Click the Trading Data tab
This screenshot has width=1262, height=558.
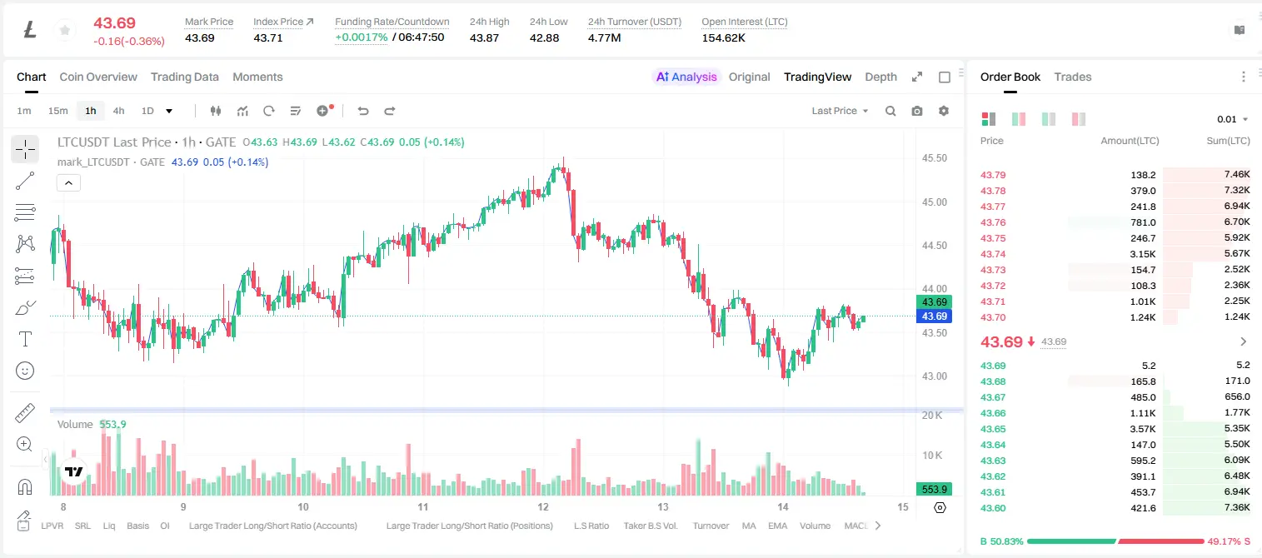point(184,77)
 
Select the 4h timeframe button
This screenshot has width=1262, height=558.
point(118,111)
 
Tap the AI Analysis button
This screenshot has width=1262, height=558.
point(686,77)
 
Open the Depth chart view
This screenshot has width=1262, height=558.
point(880,77)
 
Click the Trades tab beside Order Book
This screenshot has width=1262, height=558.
point(1073,77)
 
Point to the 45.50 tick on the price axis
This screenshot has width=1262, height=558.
point(934,158)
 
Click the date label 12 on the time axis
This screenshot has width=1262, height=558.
point(542,506)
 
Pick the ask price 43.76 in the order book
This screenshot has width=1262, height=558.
point(993,222)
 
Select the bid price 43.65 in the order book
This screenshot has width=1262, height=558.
point(993,429)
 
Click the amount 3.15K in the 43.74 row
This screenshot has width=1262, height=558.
point(1143,254)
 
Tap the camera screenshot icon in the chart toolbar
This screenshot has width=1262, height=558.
point(917,111)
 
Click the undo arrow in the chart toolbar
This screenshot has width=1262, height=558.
point(363,111)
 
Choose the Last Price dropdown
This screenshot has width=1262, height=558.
point(840,111)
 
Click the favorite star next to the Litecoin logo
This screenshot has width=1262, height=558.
point(65,30)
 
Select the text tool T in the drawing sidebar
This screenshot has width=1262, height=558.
point(25,339)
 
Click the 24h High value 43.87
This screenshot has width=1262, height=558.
point(484,37)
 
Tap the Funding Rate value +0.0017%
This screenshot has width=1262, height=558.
point(362,37)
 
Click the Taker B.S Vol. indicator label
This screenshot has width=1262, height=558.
point(650,526)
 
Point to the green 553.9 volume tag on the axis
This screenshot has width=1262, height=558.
point(934,489)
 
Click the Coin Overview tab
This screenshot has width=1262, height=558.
point(98,77)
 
